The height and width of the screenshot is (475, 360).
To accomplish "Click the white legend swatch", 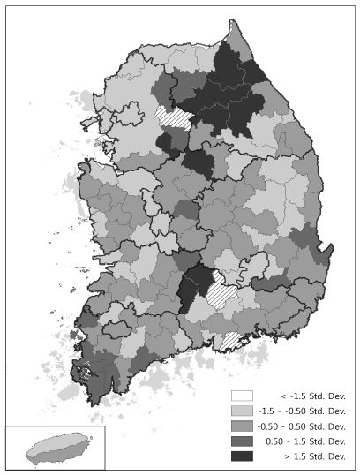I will [x=243, y=396].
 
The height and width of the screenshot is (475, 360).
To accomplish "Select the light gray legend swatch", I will [x=243, y=411].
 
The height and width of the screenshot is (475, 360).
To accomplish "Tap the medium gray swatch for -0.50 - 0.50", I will [x=243, y=426].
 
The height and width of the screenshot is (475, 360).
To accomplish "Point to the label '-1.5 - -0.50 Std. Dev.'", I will [x=303, y=411].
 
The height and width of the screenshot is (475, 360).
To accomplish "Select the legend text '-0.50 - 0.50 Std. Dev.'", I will [x=303, y=426].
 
